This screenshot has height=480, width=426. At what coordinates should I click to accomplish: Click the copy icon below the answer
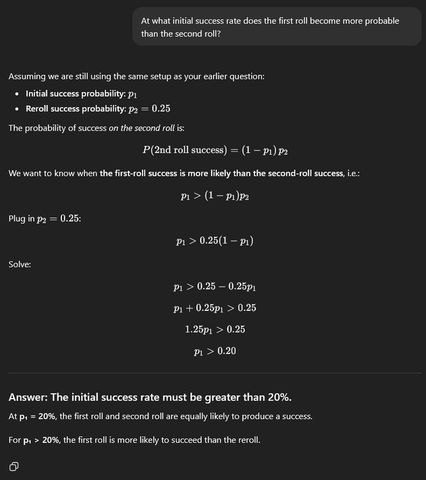(x=14, y=466)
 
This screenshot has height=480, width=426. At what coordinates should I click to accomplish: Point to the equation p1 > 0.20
(x=214, y=351)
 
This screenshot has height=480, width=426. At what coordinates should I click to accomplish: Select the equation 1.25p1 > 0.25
(x=214, y=329)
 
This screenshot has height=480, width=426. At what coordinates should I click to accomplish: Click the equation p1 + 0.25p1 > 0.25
(x=214, y=308)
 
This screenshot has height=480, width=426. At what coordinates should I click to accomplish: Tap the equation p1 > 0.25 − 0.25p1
(x=214, y=287)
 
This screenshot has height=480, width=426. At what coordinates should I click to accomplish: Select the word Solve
(x=20, y=264)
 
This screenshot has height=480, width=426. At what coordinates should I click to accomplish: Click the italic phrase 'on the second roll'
(x=141, y=128)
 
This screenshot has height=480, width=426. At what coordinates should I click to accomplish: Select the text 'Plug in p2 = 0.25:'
(x=45, y=219)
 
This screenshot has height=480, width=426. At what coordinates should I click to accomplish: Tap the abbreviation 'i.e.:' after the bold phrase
(x=352, y=173)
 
